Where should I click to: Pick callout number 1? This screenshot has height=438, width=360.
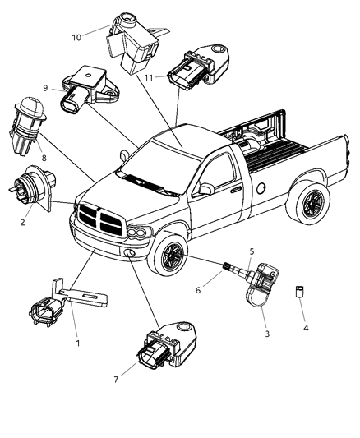(x=78, y=343)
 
